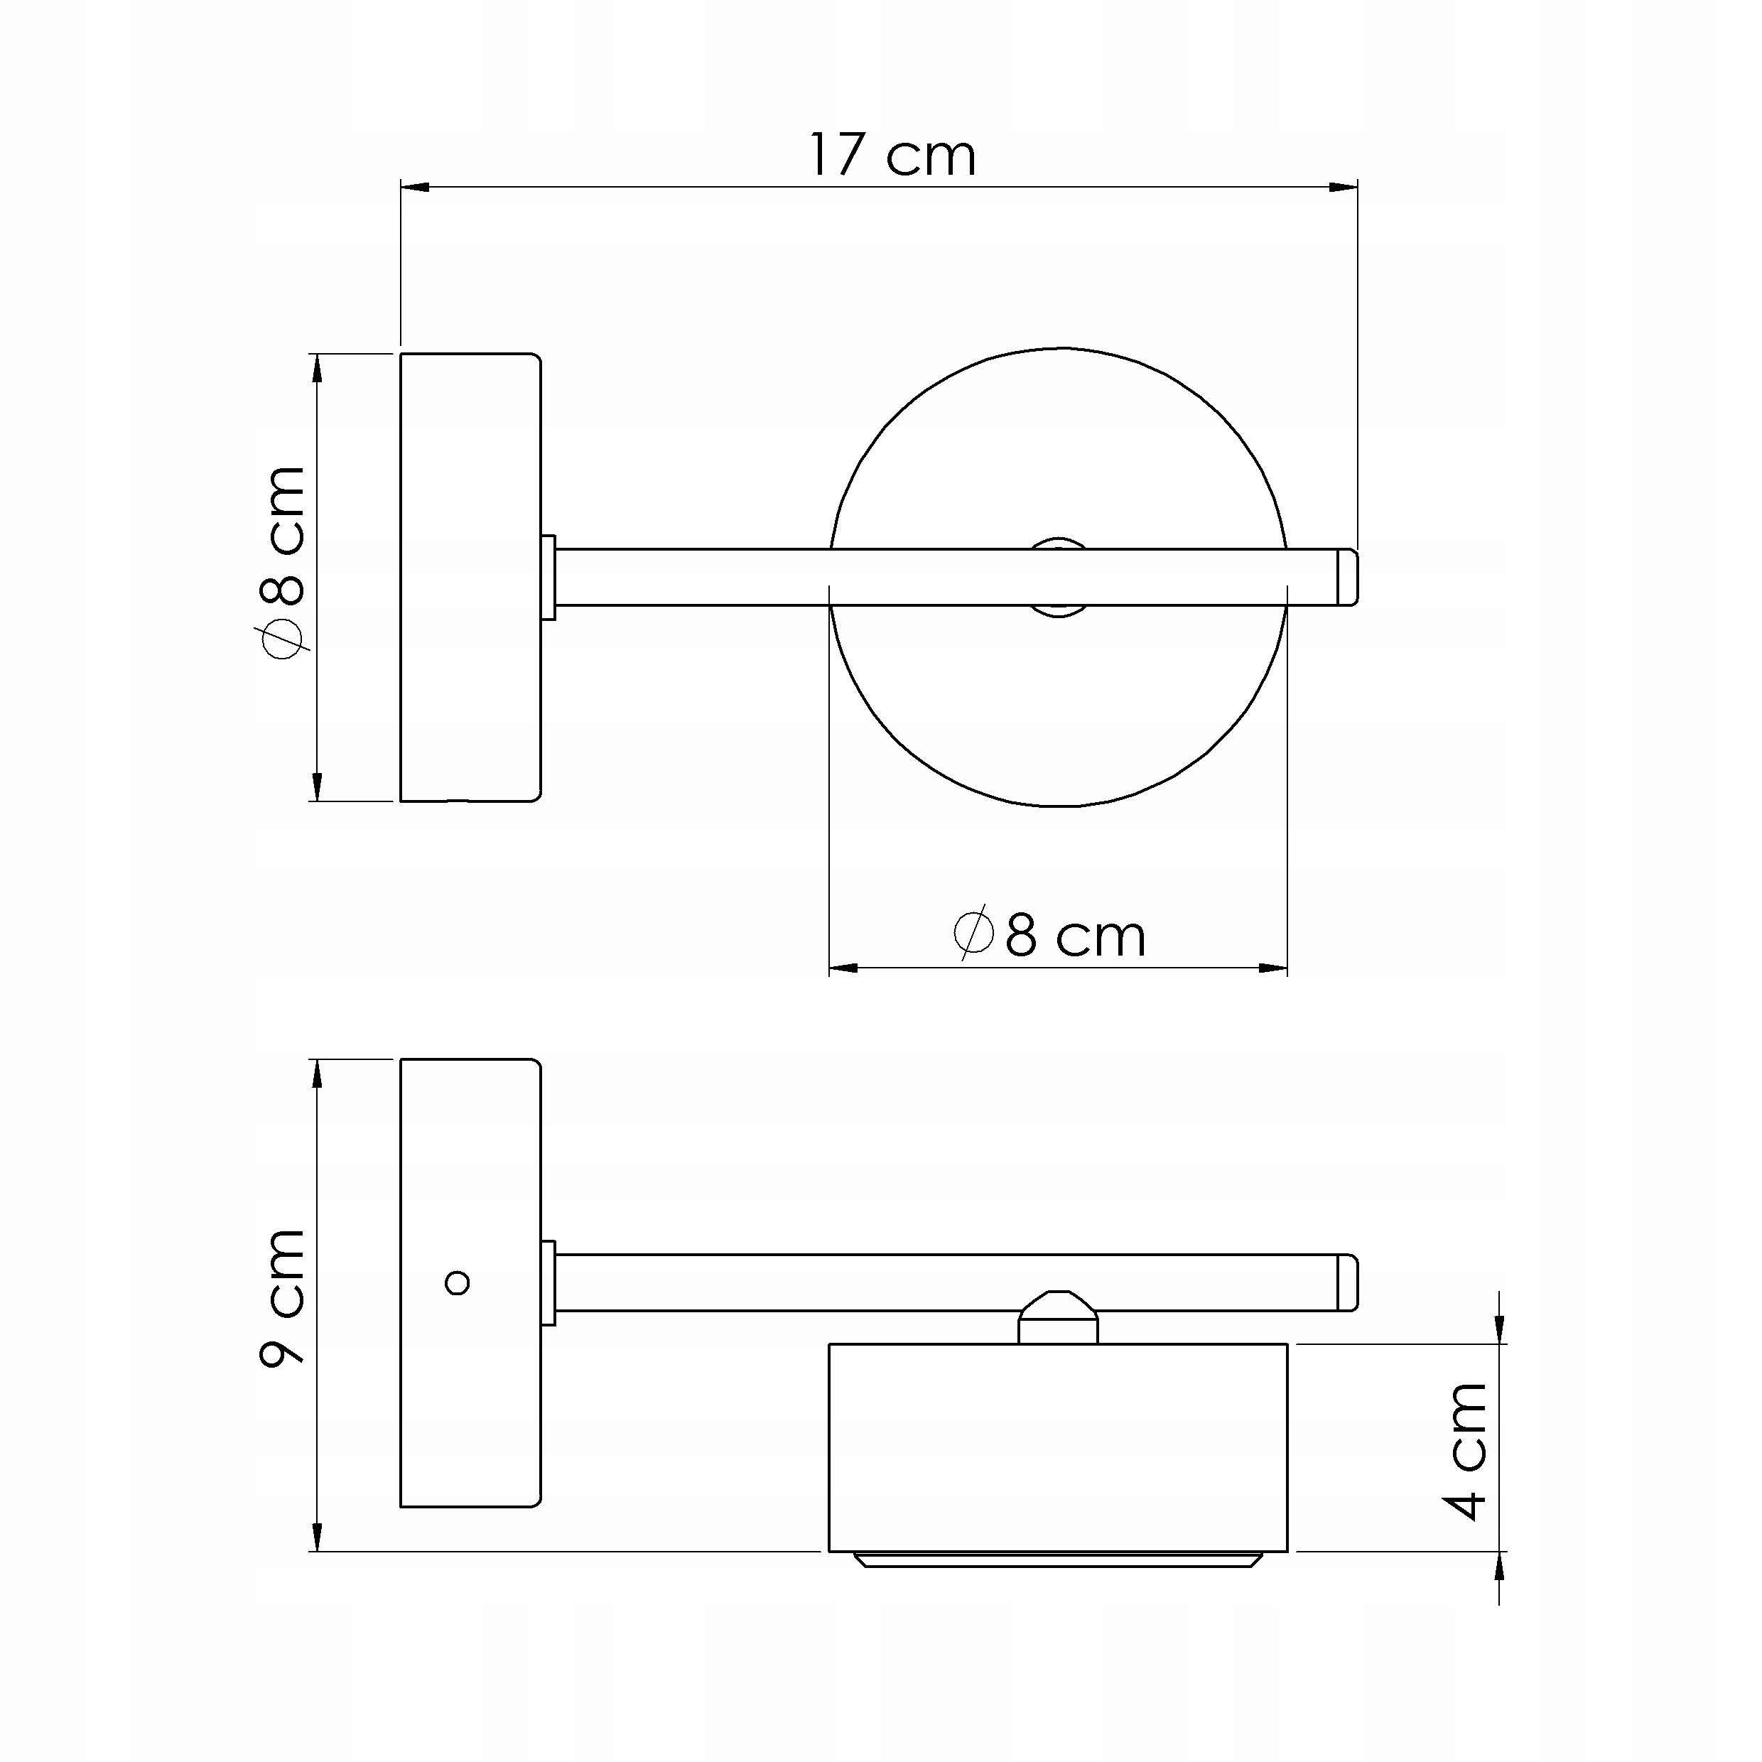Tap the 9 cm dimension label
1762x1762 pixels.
(x=282, y=1298)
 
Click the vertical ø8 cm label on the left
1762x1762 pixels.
(x=282, y=562)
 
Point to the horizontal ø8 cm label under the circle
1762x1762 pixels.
(x=1049, y=935)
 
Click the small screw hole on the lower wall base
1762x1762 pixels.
(x=457, y=1283)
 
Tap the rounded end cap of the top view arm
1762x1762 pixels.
(x=1348, y=578)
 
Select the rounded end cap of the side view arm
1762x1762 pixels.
(x=1348, y=1282)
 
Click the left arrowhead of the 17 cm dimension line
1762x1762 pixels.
(x=415, y=187)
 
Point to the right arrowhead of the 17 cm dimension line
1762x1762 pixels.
(x=1344, y=187)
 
